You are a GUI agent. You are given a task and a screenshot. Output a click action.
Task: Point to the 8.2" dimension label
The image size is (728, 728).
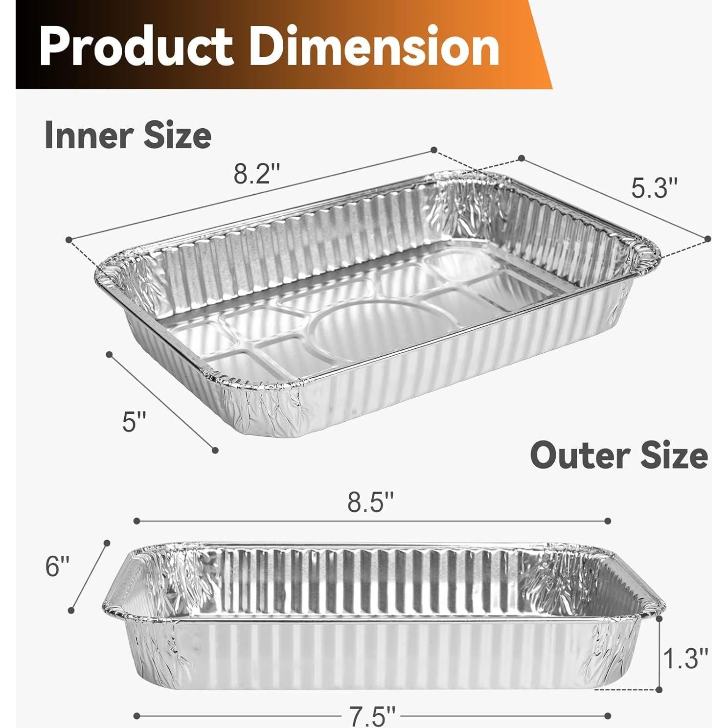point(256,174)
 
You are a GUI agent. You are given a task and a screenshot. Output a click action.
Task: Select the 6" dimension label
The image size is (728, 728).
point(58,567)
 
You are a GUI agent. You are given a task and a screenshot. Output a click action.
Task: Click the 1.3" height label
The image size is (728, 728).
point(685,658)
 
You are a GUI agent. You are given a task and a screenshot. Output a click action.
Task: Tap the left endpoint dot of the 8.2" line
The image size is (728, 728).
point(69,239)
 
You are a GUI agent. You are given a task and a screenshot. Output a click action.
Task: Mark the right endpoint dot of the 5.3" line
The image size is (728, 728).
point(708,238)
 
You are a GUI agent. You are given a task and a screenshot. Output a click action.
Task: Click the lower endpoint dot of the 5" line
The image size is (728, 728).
point(215,450)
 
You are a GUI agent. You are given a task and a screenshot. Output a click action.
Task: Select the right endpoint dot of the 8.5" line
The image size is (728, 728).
point(609,521)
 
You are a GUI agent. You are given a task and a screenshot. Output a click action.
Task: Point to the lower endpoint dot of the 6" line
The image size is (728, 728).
point(71,610)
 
